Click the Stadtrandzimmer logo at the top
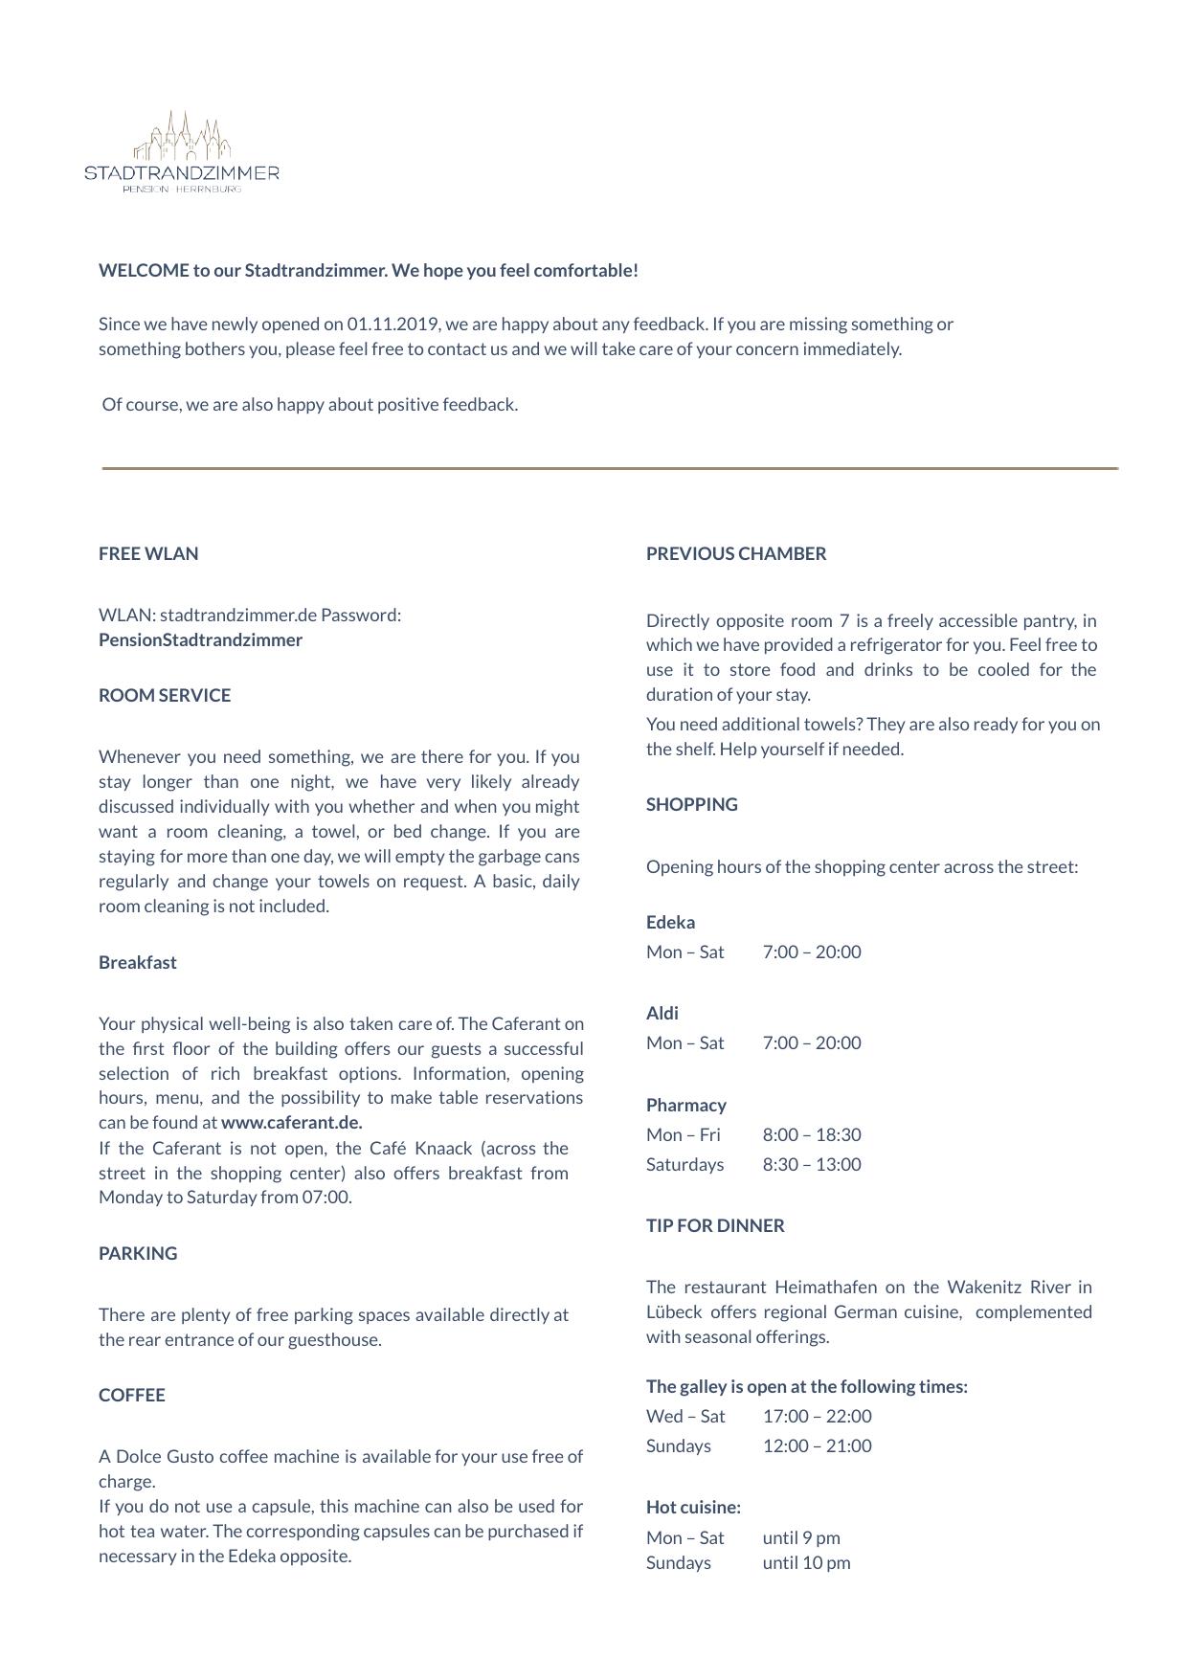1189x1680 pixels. pyautogui.click(x=182, y=152)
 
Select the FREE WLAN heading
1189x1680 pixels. pyautogui.click(x=148, y=554)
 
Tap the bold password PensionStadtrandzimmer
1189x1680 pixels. pyautogui.click(x=200, y=640)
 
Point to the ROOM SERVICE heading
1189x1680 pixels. pyautogui.click(x=165, y=696)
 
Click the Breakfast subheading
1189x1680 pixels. pyautogui.click(x=138, y=963)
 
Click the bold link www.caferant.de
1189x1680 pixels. pyautogui.click(x=292, y=1123)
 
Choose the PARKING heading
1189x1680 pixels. pyautogui.click(x=138, y=1254)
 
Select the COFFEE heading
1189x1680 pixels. pyautogui.click(x=132, y=1396)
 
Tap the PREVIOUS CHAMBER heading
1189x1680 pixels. pyautogui.click(x=736, y=554)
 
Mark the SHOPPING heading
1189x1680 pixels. pyautogui.click(x=692, y=805)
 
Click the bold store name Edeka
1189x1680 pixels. pyautogui.click(x=671, y=923)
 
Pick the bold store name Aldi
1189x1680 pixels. pyautogui.click(x=662, y=1014)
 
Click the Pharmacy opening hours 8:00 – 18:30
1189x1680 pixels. pyautogui.click(x=812, y=1135)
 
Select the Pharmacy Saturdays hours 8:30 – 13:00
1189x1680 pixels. pyautogui.click(x=812, y=1165)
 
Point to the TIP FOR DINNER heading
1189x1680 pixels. pyautogui.click(x=715, y=1226)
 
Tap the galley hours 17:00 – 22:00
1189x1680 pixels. pyautogui.click(x=818, y=1417)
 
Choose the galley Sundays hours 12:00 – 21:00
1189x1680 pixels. pyautogui.click(x=818, y=1446)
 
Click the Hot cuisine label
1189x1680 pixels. pyautogui.click(x=693, y=1508)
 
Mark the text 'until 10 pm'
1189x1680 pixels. pyautogui.click(x=807, y=1563)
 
